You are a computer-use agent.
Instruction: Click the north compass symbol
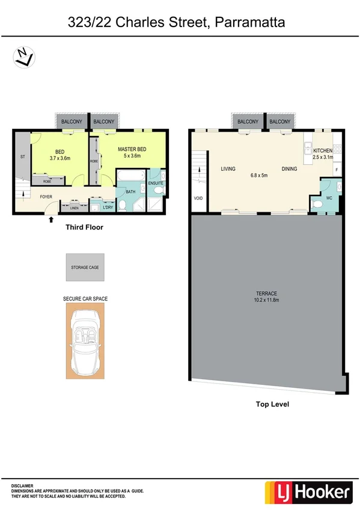[24, 57]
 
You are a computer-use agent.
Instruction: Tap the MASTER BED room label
[130, 149]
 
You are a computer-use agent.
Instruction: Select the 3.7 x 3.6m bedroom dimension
[60, 159]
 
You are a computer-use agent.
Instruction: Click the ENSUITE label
[156, 183]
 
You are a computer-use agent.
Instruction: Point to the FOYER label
[46, 197]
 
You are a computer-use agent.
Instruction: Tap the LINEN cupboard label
[74, 208]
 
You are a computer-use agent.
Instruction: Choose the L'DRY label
[108, 208]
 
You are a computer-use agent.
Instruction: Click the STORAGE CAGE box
[85, 267]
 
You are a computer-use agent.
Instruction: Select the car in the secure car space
[85, 340]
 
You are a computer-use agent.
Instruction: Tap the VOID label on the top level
[198, 198]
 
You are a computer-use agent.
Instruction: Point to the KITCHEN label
[323, 150]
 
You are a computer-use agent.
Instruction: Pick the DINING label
[289, 169]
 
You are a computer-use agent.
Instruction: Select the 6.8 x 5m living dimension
[259, 176]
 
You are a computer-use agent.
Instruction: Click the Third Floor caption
[85, 228]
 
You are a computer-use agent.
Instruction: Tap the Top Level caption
[272, 405]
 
